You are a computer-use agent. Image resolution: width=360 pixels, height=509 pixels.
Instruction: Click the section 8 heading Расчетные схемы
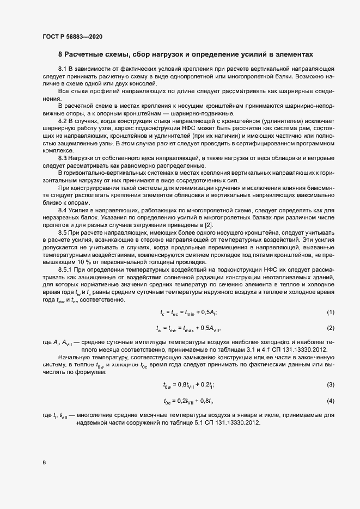point(186,54)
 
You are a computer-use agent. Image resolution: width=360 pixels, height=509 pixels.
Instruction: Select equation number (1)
point(330,311)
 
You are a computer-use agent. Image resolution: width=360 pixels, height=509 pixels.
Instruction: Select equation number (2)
point(330,328)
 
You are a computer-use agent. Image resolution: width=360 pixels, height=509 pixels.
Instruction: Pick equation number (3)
point(330,385)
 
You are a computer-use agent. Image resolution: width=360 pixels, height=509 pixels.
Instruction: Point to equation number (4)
point(330,401)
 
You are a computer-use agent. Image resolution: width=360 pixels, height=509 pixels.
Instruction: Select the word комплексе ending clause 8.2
point(56,149)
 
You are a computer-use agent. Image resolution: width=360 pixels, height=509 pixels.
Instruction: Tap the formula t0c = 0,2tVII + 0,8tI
point(188,402)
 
